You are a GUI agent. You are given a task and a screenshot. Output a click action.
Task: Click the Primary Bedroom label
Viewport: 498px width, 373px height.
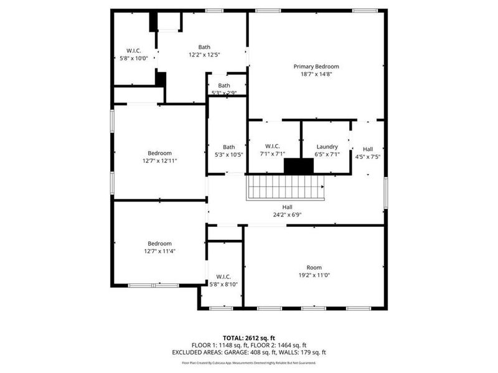click(316, 66)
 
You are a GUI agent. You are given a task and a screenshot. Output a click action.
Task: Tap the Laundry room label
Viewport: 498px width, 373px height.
click(327, 147)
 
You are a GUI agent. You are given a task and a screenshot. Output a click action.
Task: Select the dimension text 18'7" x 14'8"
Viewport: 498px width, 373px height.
click(316, 74)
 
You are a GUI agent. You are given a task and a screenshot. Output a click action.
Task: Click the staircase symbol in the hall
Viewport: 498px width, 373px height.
click(286, 187)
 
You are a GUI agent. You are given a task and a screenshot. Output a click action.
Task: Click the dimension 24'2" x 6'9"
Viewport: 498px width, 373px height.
click(287, 215)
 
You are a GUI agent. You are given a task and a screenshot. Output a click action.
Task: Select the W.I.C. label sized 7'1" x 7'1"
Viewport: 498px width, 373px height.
click(273, 147)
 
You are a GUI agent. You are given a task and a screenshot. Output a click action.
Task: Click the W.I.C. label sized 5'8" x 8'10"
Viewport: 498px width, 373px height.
click(223, 277)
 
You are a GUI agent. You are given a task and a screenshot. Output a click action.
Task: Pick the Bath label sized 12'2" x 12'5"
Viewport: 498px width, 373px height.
click(204, 47)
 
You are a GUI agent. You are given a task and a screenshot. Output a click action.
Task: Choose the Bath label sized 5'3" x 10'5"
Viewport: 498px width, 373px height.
click(228, 147)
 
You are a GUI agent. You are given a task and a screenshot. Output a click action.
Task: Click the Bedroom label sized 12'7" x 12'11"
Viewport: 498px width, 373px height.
click(159, 153)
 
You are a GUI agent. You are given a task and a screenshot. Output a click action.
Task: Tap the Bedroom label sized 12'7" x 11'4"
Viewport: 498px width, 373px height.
click(159, 243)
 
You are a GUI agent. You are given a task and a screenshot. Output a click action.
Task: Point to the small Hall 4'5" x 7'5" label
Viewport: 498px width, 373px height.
click(368, 149)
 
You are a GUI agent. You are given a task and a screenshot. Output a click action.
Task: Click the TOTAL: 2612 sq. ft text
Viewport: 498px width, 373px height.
click(248, 338)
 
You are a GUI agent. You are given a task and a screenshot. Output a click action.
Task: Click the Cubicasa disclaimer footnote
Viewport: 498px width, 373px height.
click(248, 362)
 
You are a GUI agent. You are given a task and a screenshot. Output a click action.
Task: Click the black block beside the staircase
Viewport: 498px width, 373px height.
click(299, 166)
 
